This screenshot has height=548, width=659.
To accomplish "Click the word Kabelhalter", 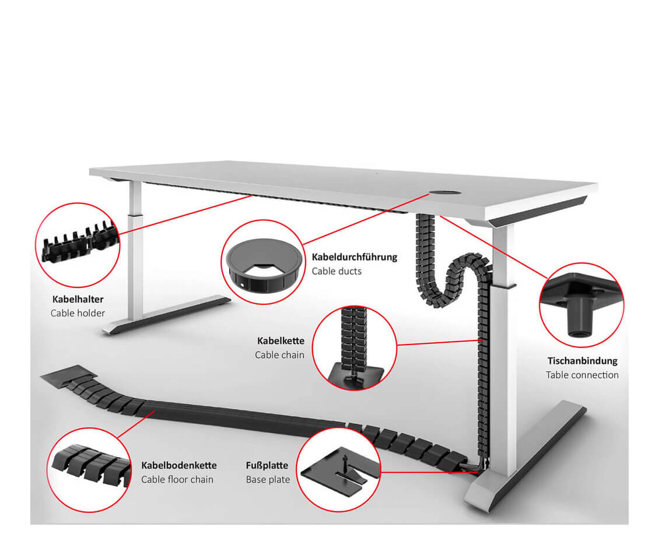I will tap(77, 299).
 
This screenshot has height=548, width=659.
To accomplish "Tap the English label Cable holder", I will tap(78, 313).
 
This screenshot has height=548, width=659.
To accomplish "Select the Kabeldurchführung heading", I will tap(354, 257).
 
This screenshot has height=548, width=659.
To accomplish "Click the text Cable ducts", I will tap(336, 271).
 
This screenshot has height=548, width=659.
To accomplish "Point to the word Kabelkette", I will tap(281, 340).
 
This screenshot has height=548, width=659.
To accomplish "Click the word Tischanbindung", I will tap(582, 361).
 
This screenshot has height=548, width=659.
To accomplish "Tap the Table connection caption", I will tap(582, 375).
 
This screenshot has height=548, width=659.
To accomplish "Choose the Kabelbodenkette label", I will tap(178, 465).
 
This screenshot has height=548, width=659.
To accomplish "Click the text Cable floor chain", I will tap(177, 479).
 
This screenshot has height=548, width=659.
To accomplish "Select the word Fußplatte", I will tap(267, 466).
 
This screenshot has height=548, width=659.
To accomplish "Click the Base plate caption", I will tap(268, 480).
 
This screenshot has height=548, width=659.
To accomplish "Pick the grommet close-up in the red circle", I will tap(262, 262).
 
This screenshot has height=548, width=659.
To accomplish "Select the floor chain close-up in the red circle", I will tap(88, 466).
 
